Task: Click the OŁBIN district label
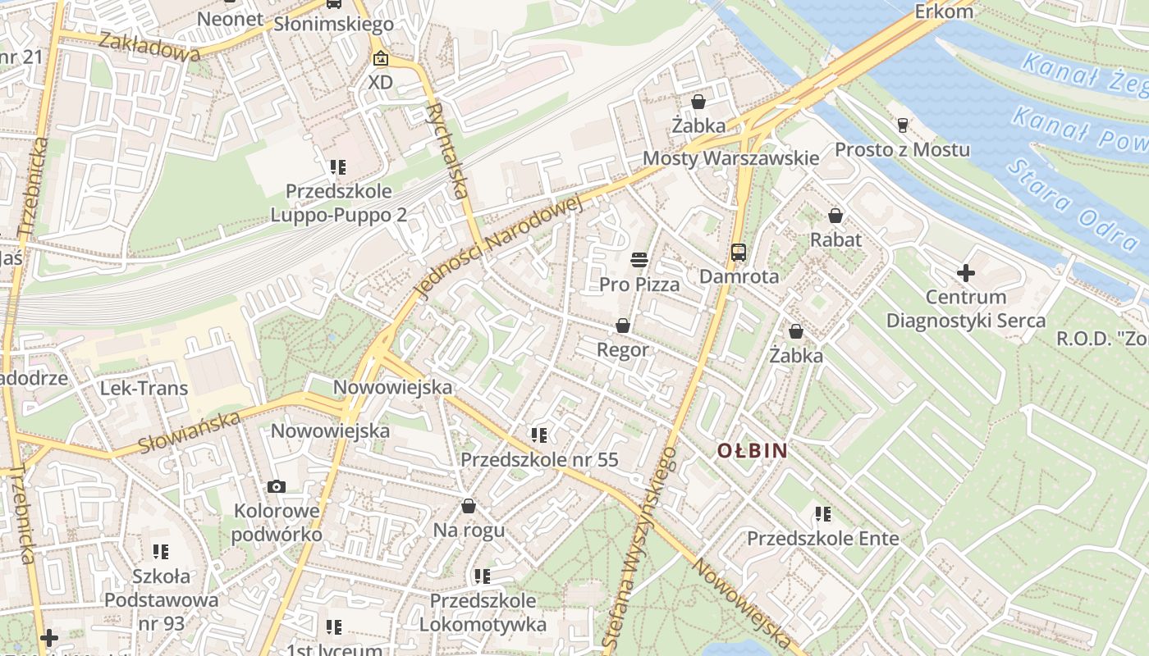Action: click(x=753, y=450)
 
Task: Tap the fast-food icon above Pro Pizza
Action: click(x=639, y=260)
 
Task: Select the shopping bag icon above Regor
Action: click(x=623, y=326)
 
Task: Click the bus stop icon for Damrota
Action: click(x=739, y=252)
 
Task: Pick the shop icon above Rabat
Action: click(x=835, y=216)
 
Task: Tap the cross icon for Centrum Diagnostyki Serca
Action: click(x=966, y=272)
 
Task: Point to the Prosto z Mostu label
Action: click(x=902, y=150)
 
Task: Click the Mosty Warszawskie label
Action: click(x=730, y=158)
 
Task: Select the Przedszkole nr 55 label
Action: click(x=539, y=459)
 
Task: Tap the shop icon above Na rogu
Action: click(x=469, y=506)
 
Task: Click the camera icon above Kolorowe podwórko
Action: click(x=277, y=486)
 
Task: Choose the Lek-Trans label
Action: click(x=144, y=388)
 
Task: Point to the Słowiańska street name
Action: click(x=190, y=432)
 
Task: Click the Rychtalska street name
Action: click(x=447, y=152)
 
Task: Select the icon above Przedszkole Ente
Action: click(x=822, y=514)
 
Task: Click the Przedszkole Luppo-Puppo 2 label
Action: click(x=339, y=203)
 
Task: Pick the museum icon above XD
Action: click(x=380, y=58)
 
